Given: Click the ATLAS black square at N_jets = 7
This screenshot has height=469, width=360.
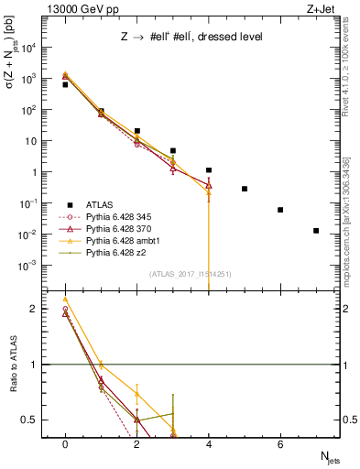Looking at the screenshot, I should point(316,231).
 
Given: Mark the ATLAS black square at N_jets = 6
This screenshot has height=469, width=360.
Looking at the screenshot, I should point(280,210).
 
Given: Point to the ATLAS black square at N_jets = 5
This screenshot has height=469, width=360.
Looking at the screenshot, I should point(245,189).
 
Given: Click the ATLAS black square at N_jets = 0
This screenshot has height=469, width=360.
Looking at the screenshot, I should point(65,84).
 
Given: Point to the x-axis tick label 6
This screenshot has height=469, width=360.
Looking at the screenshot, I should point(280,442).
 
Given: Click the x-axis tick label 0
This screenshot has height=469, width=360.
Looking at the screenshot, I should point(65,442).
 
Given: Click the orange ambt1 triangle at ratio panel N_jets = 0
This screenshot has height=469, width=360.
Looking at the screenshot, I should point(65,299).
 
